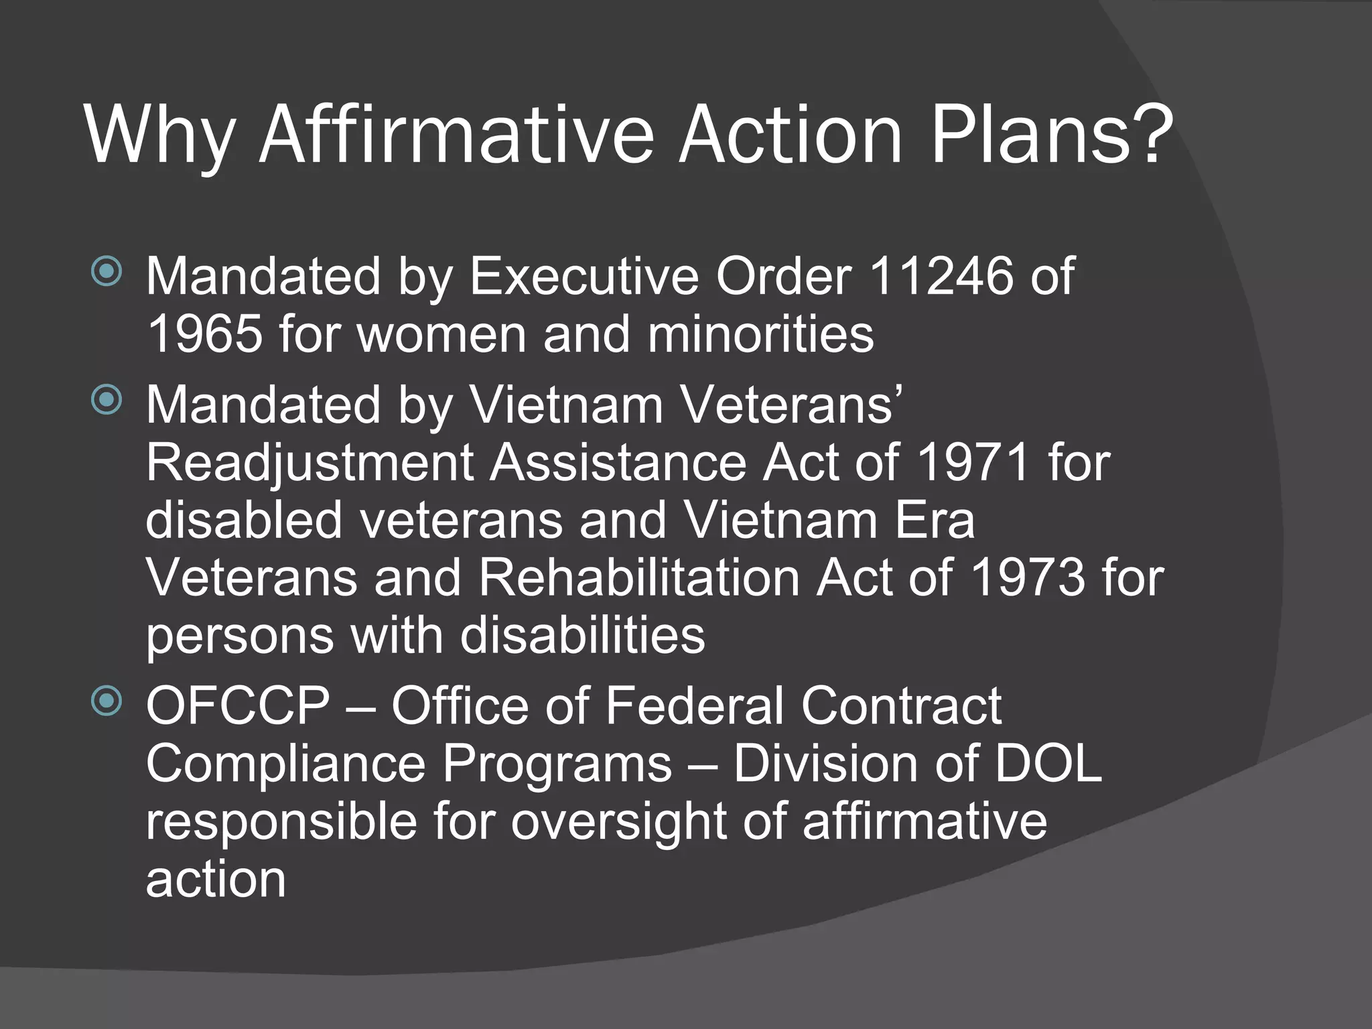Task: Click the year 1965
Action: tap(204, 334)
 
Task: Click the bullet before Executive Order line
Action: tap(107, 271)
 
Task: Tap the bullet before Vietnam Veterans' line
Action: tap(107, 400)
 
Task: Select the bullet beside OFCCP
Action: tap(107, 701)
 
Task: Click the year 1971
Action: tap(973, 462)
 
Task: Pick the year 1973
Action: tap(1026, 577)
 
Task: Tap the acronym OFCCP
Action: tap(238, 706)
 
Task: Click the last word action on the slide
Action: tap(216, 880)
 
